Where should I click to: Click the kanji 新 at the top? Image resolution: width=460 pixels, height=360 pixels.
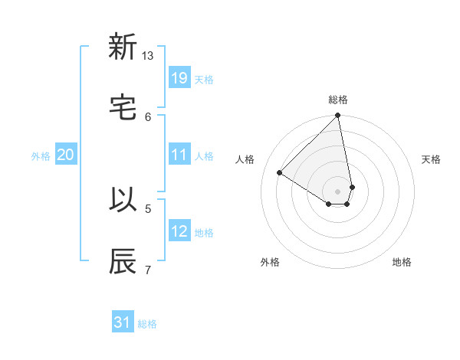click(123, 47)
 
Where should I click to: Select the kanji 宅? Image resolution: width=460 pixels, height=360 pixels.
click(123, 108)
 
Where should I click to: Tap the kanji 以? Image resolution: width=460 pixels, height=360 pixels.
click(123, 199)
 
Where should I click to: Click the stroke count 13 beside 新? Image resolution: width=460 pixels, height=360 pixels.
click(148, 56)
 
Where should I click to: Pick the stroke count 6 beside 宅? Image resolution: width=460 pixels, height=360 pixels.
click(148, 116)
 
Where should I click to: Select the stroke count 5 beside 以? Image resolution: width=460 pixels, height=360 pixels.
click(148, 208)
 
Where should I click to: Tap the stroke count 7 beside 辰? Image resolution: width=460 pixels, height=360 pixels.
click(148, 269)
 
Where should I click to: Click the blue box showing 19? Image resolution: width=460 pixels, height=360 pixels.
click(179, 78)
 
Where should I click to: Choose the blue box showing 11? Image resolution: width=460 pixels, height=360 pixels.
click(179, 155)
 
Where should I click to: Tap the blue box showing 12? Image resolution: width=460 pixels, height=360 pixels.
click(179, 231)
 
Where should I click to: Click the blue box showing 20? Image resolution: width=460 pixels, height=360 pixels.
click(66, 155)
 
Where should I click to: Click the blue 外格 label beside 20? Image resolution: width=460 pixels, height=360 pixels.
click(41, 156)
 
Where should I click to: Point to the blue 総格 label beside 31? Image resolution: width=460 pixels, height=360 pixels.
click(147, 324)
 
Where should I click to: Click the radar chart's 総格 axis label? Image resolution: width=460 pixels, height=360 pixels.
click(338, 100)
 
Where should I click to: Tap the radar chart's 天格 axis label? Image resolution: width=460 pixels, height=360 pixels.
click(432, 159)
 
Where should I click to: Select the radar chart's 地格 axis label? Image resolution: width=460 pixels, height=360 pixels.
click(402, 262)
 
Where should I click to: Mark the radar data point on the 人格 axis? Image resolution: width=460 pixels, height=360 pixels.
click(280, 173)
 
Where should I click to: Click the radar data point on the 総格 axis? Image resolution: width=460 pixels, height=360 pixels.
click(338, 116)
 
